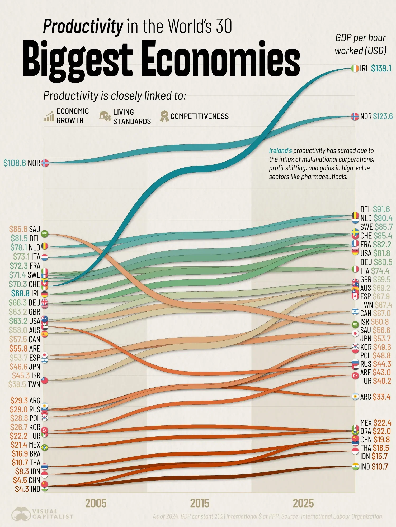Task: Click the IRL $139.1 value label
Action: [x=375, y=69]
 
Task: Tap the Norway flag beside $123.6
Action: [x=355, y=116]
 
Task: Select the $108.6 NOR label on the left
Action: [x=22, y=163]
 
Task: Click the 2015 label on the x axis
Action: [x=200, y=503]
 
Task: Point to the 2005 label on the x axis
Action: [x=96, y=503]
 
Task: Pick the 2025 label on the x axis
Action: [x=303, y=503]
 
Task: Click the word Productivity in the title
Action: [x=83, y=26]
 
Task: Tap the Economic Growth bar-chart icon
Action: [x=49, y=116]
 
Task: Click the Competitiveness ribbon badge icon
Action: [x=164, y=116]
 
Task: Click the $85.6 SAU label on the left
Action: [x=24, y=229]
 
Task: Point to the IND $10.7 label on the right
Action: [x=374, y=467]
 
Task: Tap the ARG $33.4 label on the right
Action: [x=375, y=397]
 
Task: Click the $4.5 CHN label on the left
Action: [x=26, y=480]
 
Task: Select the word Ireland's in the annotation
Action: [x=280, y=151]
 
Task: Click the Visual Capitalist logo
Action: [x=42, y=514]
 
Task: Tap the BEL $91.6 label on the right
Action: [x=375, y=209]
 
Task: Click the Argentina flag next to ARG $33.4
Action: [x=355, y=397]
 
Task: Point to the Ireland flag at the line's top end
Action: [x=355, y=69]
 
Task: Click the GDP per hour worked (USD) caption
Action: [x=361, y=44]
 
